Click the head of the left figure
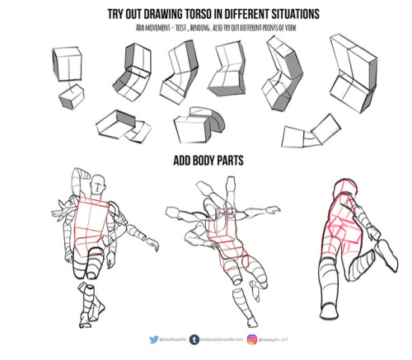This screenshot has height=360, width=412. coord(99,183)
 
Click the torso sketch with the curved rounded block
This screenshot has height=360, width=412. coord(201,123)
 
